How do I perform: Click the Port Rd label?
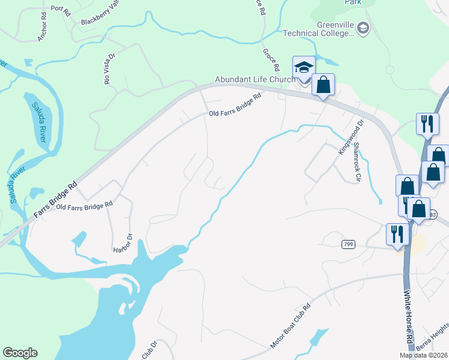pyautogui.click(x=61, y=9)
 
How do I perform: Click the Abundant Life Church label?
pyautogui.click(x=255, y=79)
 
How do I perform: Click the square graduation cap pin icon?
pyautogui.click(x=304, y=67)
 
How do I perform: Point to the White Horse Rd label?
pyautogui.click(x=409, y=318)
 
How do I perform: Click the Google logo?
pyautogui.click(x=20, y=353)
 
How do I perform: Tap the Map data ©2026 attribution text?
pyautogui.click(x=423, y=355)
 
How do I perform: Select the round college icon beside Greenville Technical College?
pyautogui.click(x=363, y=28)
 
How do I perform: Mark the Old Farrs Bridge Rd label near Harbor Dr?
pyautogui.click(x=85, y=205)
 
